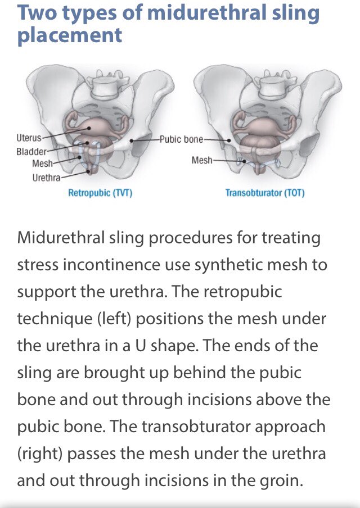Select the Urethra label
46,178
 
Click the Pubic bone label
182,138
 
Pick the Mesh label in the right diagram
202,161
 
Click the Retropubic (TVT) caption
100,193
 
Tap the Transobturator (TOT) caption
264,193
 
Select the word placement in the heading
70,35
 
